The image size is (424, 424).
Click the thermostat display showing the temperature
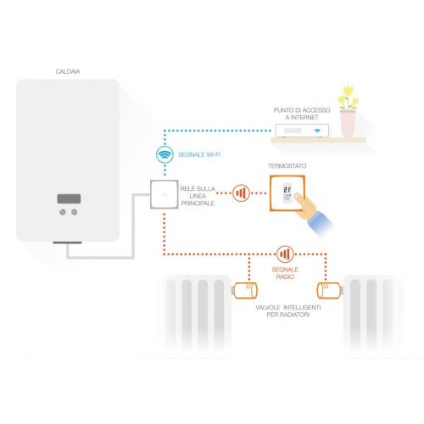point(289,192)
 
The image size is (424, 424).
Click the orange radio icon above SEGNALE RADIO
point(285,253)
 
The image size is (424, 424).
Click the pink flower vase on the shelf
point(347,124)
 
